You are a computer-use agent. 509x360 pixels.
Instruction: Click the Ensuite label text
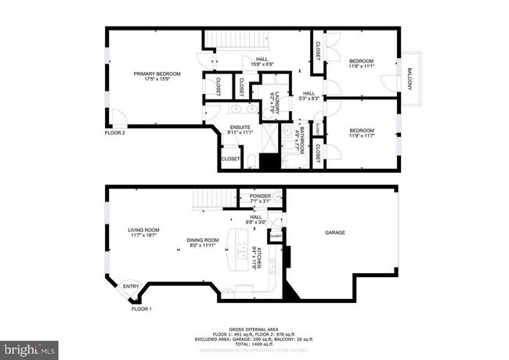(x=240, y=130)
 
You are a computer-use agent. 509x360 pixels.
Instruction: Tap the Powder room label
(x=260, y=199)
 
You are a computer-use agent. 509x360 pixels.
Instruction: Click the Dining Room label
(x=202, y=243)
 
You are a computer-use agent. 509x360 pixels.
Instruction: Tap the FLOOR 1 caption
(x=140, y=310)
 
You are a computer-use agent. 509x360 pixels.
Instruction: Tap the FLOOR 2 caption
(x=115, y=133)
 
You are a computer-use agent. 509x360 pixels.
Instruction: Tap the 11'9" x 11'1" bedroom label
(x=361, y=64)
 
